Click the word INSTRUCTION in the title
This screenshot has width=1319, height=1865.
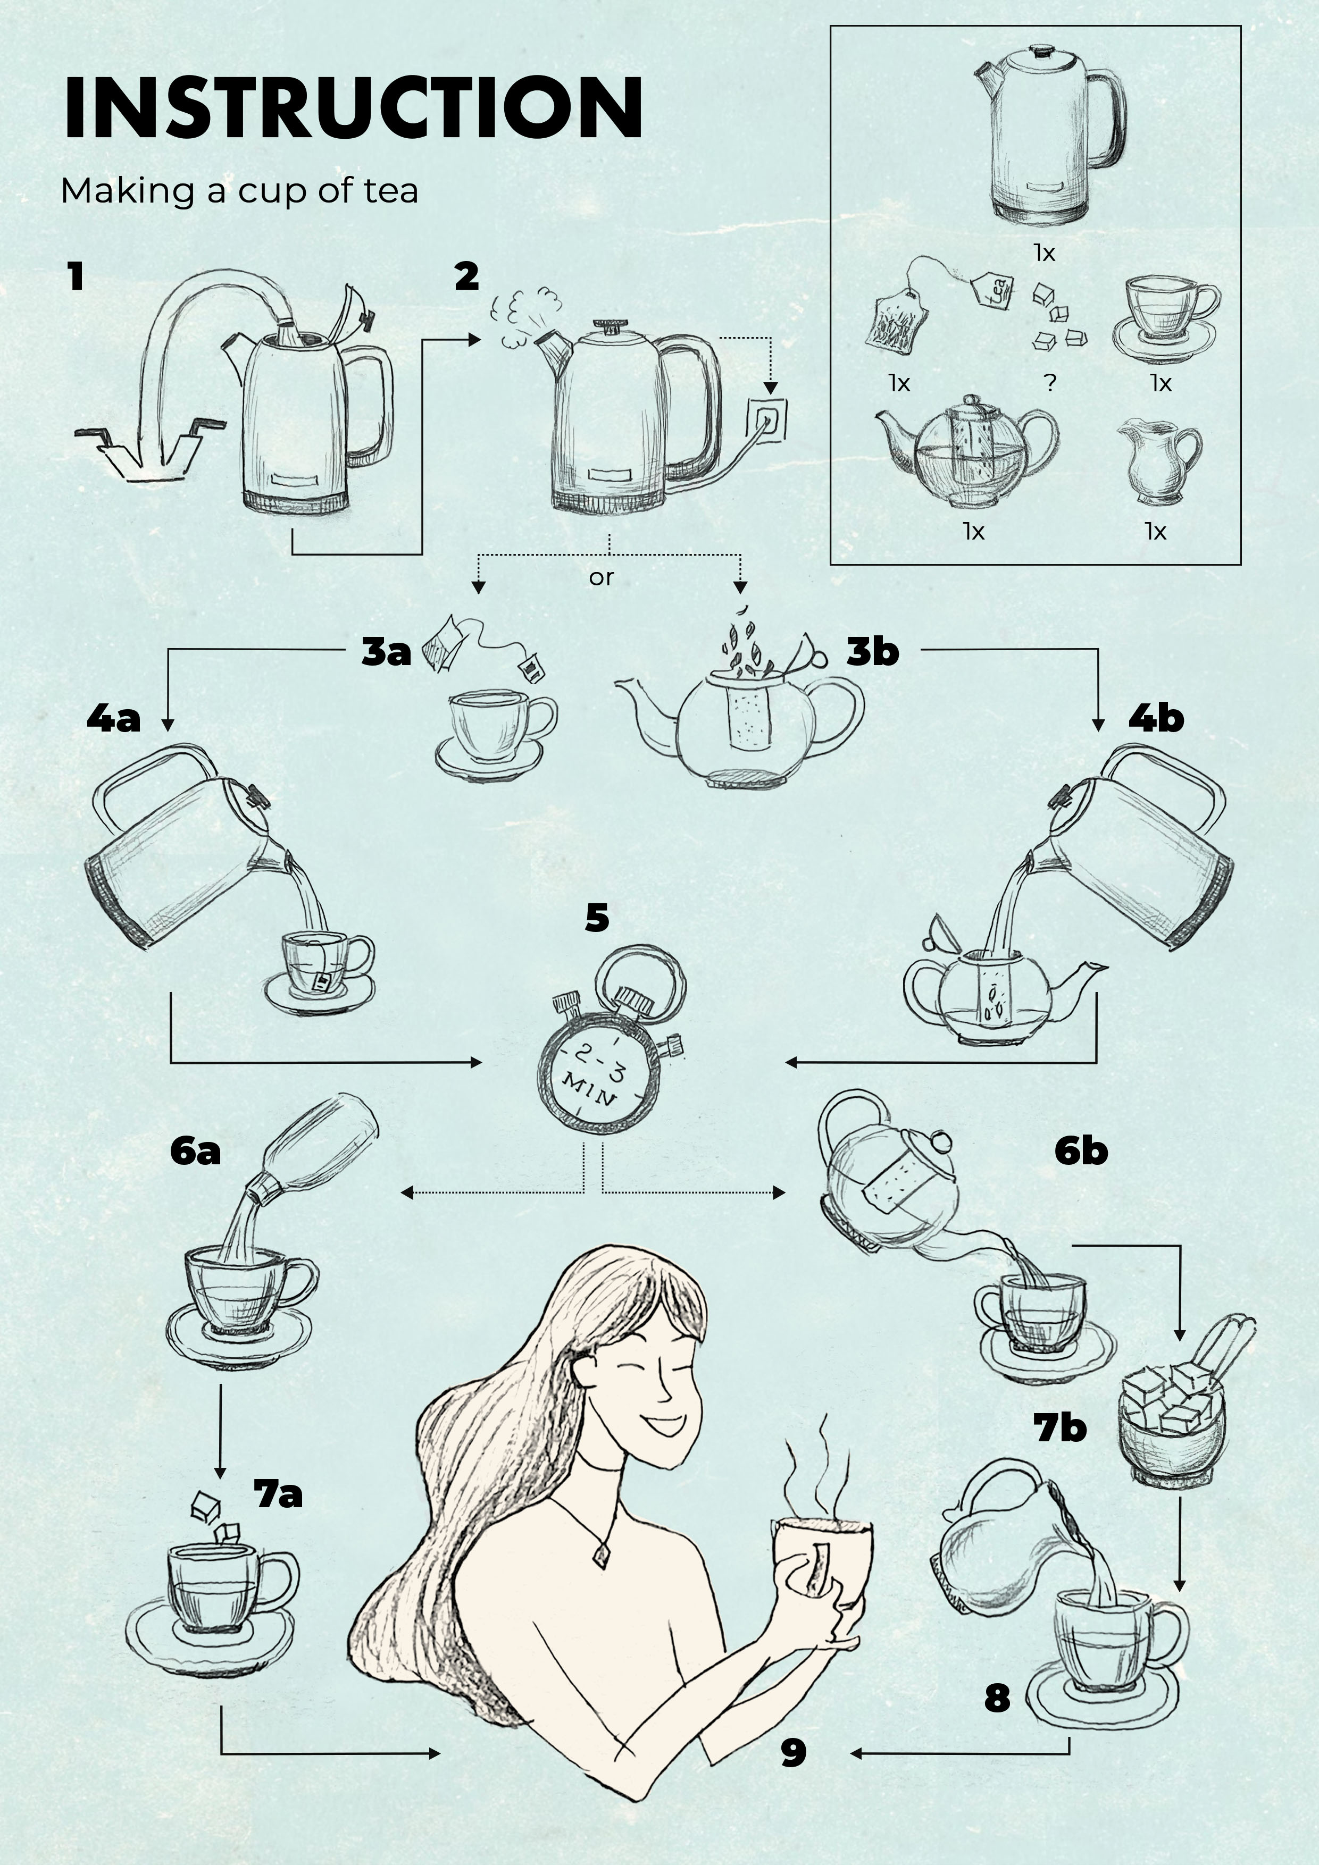coord(353,108)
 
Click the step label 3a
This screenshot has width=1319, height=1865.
coord(387,652)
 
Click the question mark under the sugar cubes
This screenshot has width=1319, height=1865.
coord(1050,382)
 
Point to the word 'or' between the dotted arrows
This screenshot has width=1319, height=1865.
coord(602,577)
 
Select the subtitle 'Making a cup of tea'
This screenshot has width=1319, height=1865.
coord(240,191)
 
